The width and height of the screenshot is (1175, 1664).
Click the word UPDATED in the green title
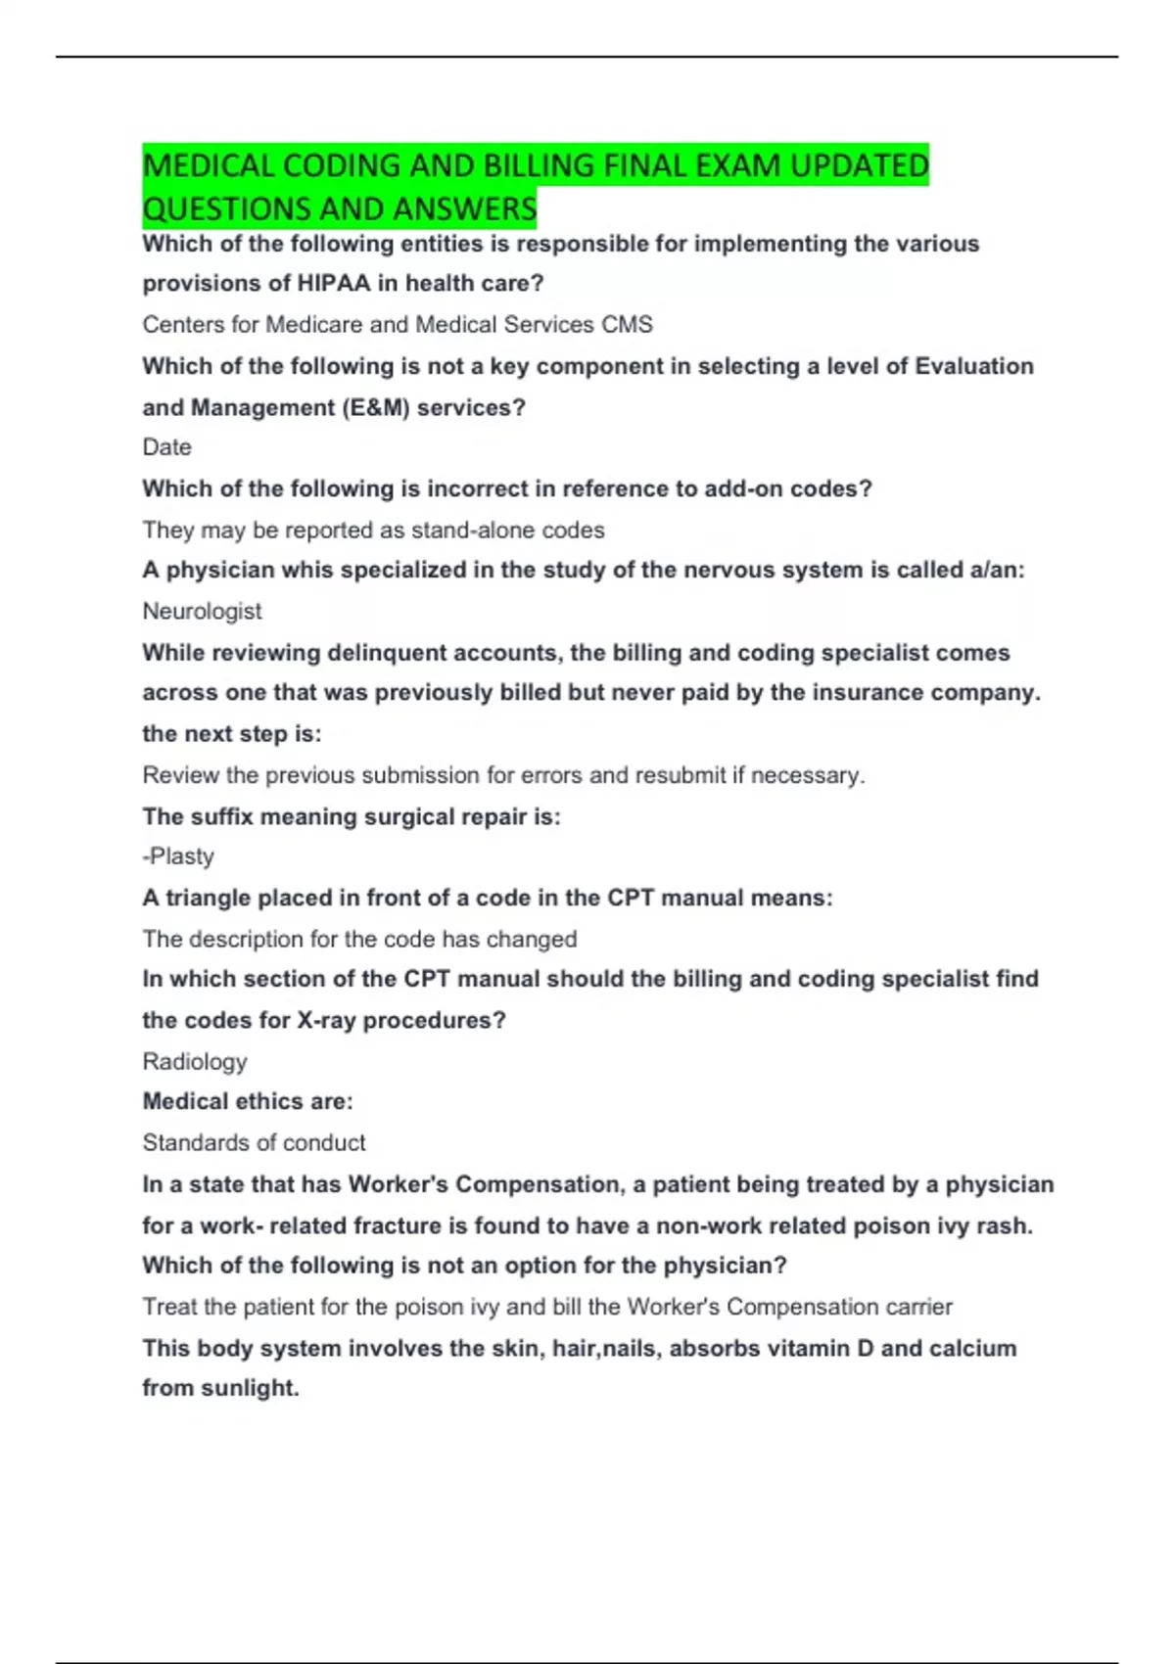pos(859,165)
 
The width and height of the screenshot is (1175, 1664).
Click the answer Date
pos(166,447)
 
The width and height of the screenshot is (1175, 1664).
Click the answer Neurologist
pos(202,611)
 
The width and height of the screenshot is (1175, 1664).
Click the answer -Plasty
pos(178,856)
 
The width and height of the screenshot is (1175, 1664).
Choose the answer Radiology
pos(195,1061)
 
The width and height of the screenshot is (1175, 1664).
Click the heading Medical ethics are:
pos(248,1101)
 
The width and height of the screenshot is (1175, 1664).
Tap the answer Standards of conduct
pos(254,1142)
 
